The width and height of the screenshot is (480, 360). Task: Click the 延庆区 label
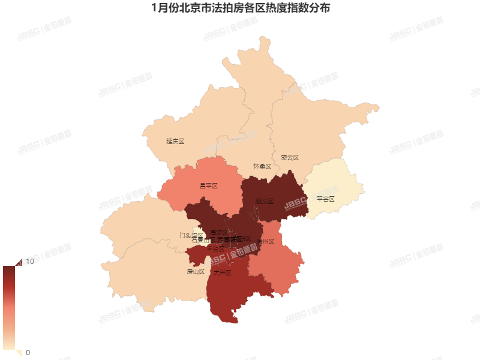pos(175,142)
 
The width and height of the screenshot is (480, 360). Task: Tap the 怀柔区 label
pos(262,166)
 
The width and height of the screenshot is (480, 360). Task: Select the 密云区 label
pos(290,158)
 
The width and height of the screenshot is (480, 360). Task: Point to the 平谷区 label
pos(326,199)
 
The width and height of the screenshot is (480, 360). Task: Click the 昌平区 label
pos(208,186)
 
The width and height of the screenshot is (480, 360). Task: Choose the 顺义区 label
pos(265,202)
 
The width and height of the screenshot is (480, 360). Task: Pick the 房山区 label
pos(196,272)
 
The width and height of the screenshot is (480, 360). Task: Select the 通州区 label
pos(265,242)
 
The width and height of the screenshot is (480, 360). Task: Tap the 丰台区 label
pos(215,248)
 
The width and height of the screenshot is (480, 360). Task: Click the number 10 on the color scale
pos(29,261)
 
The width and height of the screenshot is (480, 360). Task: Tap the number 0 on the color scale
pos(28,352)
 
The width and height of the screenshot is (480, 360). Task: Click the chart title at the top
pos(240,9)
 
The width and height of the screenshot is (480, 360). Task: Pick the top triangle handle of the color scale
pos(18,262)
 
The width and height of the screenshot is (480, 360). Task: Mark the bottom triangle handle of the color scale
pos(18,353)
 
